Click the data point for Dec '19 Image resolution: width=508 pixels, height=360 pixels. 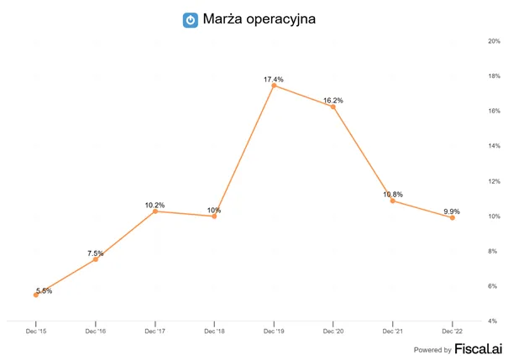(x=274, y=86)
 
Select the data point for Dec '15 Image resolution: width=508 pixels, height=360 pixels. (x=36, y=295)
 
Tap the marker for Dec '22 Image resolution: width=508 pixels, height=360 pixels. (x=453, y=218)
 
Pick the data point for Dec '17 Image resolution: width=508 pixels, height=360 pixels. (x=155, y=211)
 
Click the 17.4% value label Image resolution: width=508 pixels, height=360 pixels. (x=274, y=80)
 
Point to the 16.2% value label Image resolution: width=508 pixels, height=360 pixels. (x=333, y=101)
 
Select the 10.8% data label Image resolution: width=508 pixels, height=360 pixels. (x=393, y=194)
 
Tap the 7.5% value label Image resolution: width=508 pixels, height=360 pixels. (x=95, y=253)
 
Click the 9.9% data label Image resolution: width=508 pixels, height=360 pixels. (x=452, y=211)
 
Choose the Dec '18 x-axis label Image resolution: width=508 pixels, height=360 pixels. (x=214, y=331)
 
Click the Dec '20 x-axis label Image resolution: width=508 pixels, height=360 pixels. (x=333, y=331)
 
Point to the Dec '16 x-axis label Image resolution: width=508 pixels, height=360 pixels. (x=96, y=331)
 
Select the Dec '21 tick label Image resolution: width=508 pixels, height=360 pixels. (x=393, y=331)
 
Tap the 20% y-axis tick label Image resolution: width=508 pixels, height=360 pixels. (x=494, y=41)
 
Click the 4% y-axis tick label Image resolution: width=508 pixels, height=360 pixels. (x=492, y=321)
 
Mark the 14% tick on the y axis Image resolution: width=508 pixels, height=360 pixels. (x=494, y=146)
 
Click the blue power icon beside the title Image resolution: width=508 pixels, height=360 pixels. (x=191, y=20)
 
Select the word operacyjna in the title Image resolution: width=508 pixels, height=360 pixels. (x=281, y=19)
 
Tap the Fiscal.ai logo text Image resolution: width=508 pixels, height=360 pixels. (x=479, y=348)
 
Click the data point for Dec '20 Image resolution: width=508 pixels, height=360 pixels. (x=333, y=107)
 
